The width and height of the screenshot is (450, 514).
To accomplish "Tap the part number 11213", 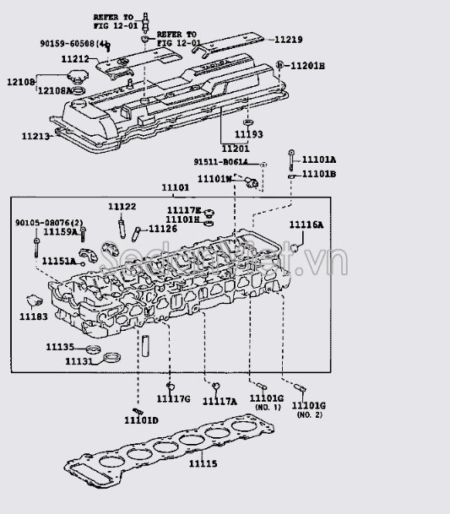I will pyautogui.click(x=36, y=136).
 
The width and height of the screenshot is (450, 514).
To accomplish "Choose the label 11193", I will pyautogui.click(x=248, y=134).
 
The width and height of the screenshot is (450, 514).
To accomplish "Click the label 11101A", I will pyautogui.click(x=318, y=160).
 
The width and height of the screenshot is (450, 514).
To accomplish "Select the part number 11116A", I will pyautogui.click(x=306, y=225).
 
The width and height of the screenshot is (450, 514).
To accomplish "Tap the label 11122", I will pyautogui.click(x=122, y=207).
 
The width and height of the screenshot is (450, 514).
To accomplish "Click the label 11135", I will pyautogui.click(x=60, y=347).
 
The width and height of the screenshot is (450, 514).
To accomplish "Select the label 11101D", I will pyautogui.click(x=140, y=420).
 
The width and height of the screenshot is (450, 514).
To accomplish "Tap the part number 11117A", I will pyautogui.click(x=220, y=402).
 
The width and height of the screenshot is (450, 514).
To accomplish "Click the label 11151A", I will pyautogui.click(x=59, y=262).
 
